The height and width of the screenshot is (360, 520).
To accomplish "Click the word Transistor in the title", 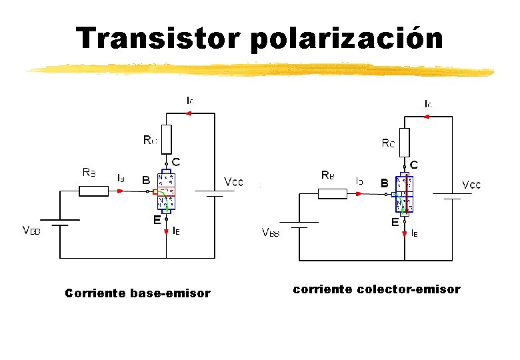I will point(158,39).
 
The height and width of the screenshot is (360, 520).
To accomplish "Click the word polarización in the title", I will point(347,39).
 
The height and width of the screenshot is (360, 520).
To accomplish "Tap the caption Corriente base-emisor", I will point(137,293).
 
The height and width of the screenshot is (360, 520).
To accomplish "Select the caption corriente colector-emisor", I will point(377,289).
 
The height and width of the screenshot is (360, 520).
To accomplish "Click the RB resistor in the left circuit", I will point(93,191).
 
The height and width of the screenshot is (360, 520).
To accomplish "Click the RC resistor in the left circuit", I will point(166,139).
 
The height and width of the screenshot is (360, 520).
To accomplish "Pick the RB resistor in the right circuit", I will point(332,194).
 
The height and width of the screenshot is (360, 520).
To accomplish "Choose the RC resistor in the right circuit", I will point(404,142).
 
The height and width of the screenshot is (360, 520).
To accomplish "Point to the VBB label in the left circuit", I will point(31,231).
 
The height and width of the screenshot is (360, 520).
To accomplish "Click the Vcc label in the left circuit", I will point(233,181).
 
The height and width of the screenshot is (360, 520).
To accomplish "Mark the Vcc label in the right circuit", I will point(471,185).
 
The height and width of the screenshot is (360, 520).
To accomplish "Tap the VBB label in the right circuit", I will point(271,233).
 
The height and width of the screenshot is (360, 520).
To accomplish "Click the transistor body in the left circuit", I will point(166,192).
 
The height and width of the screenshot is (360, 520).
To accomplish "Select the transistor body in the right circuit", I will point(404,195).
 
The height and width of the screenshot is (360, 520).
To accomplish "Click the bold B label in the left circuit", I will point(145,180).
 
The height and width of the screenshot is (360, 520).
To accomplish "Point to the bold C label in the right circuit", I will point(414,164).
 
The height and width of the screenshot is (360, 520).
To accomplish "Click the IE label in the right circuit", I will point(414,233).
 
